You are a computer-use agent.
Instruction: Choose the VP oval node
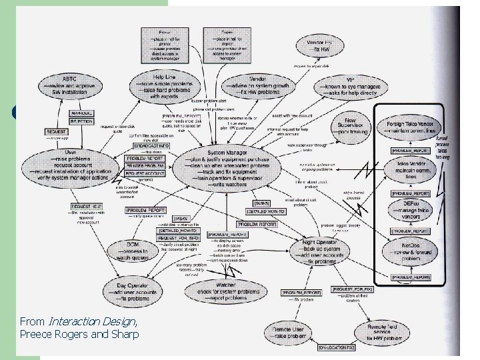350,87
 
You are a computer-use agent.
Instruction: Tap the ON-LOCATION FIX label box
341,349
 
